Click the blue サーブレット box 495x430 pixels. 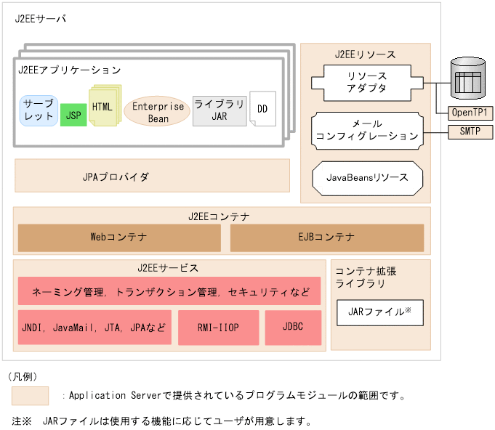tap(39, 110)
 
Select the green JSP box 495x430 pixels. tap(73, 115)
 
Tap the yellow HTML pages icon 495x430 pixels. tap(102, 106)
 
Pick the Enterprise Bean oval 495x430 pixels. tap(158, 112)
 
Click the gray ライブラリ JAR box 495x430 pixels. tap(220, 110)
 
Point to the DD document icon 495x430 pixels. tap(262, 110)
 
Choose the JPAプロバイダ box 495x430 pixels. tap(152, 176)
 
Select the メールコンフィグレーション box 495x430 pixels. tap(367, 130)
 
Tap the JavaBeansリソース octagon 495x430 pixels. tap(367, 177)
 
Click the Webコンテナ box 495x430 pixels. tap(119, 238)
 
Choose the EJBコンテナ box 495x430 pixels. tap(326, 238)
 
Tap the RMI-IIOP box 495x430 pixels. tap(218, 328)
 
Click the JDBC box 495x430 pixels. tap(293, 328)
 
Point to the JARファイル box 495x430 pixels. tap(380, 312)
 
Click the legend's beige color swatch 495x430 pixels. tap(30, 396)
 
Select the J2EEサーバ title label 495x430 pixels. tap(40, 19)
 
